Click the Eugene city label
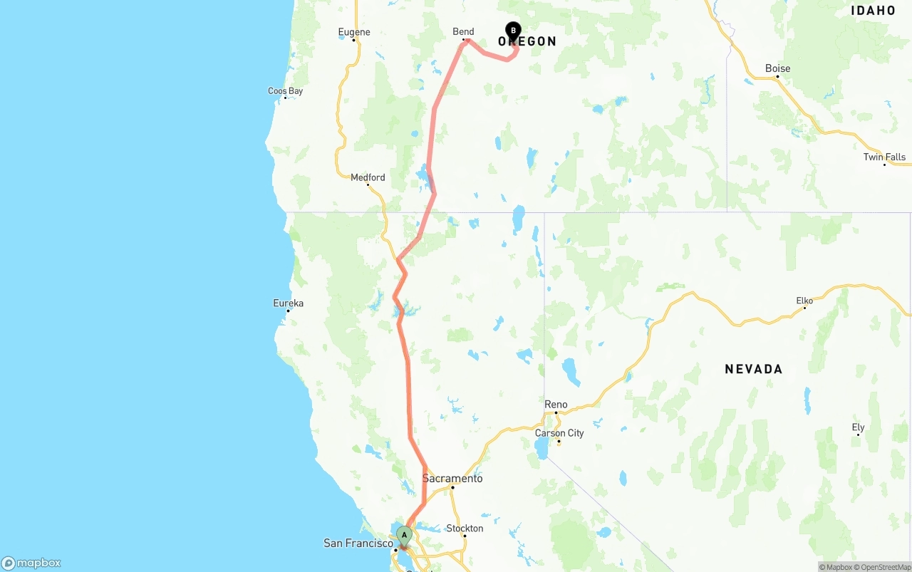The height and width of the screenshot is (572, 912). click(354, 32)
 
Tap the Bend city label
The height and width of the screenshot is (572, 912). click(463, 31)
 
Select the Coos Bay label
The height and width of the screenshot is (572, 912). click(285, 91)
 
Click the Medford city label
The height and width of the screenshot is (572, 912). click(368, 177)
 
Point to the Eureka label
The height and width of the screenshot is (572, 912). click(288, 303)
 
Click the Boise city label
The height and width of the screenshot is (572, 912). click(777, 68)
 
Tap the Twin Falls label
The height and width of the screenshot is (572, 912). click(884, 157)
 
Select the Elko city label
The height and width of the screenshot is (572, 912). click(804, 301)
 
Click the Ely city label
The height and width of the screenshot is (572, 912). click(858, 427)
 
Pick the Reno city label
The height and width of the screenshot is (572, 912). click(556, 405)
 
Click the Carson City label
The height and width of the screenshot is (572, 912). click(559, 433)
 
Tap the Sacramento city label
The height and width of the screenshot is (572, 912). click(452, 479)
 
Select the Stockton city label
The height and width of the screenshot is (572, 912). click(465, 529)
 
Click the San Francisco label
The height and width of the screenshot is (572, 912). click(358, 544)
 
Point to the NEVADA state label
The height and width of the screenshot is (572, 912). click(753, 369)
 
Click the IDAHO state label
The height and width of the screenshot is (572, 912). click(873, 11)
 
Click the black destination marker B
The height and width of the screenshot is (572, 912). click(513, 31)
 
